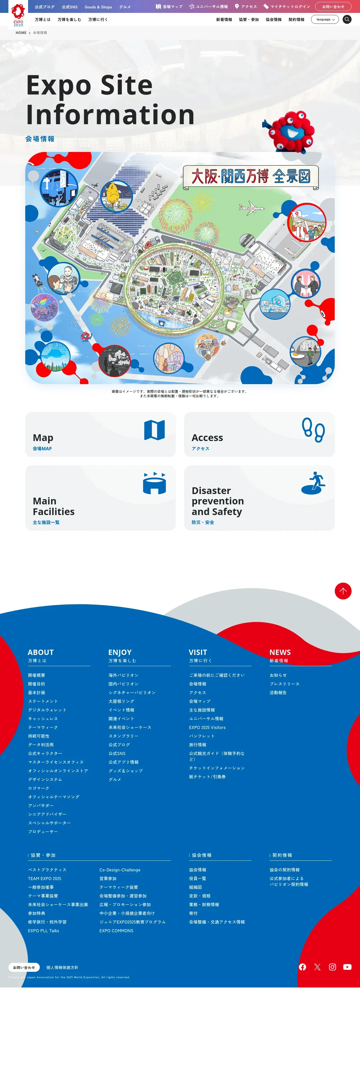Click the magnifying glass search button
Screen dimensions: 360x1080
coord(347,19)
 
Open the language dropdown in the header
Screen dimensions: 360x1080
coord(325,19)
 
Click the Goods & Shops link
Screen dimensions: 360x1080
coord(98,7)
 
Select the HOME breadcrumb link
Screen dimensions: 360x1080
coord(21,33)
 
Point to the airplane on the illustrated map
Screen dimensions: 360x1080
coord(251,207)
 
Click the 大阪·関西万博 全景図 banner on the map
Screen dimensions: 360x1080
coord(251,177)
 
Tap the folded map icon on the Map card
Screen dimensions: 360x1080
coord(154,430)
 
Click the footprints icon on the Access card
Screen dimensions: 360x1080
coord(313,430)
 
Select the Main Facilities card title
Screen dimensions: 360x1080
coord(54,506)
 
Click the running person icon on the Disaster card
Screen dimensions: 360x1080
coord(313,483)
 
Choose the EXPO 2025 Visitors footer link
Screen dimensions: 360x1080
coord(207,727)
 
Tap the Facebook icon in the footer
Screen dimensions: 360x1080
coord(303,967)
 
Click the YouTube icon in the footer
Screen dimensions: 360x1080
coord(347,967)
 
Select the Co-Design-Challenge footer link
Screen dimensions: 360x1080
coord(120,870)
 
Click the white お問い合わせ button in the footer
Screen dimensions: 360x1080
coord(24,967)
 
